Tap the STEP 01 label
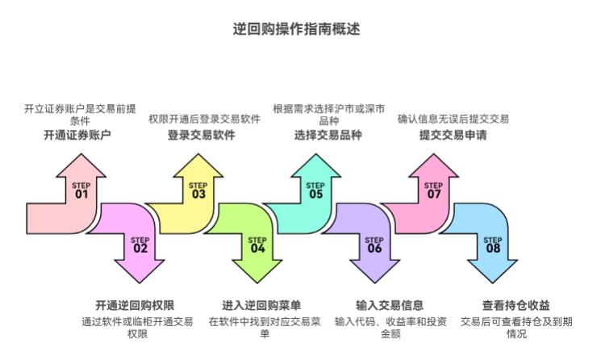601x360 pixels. point(81,190)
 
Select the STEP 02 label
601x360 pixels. point(140,245)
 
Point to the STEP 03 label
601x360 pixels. point(198,190)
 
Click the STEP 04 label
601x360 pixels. point(257,245)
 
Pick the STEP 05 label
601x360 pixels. point(315,190)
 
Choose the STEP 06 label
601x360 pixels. point(374,245)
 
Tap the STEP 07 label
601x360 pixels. point(433,190)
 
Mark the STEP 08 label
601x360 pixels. point(492,245)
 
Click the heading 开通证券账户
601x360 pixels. point(77,136)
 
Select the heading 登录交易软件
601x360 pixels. point(202,135)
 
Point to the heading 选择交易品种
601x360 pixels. point(328,135)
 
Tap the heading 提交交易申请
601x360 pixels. point(453,135)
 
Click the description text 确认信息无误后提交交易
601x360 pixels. point(453,119)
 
